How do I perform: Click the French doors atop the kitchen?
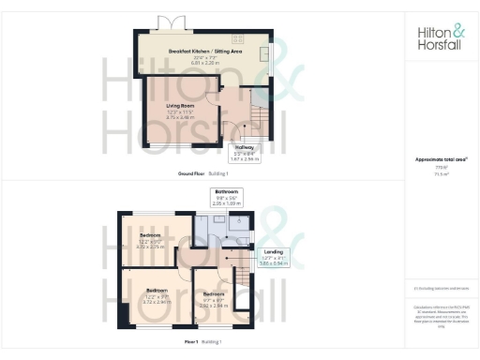tap(171, 22)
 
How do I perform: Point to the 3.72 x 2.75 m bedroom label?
tap(150, 241)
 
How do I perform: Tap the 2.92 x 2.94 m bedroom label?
tap(215, 301)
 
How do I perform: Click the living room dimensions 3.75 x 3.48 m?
tap(180, 117)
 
